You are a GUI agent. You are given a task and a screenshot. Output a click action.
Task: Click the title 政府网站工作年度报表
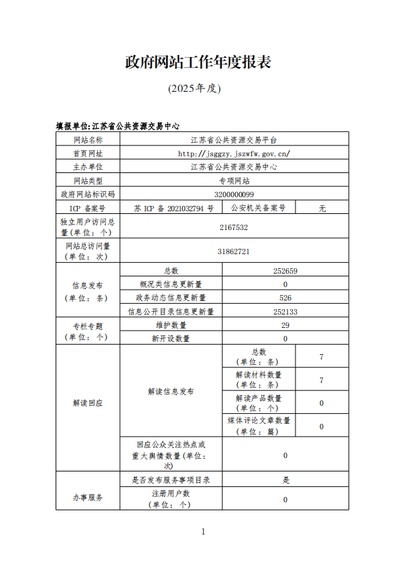click(x=198, y=62)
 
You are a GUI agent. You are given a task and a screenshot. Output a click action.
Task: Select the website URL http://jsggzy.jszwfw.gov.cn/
click(x=234, y=153)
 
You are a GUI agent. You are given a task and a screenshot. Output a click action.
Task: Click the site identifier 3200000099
click(x=234, y=194)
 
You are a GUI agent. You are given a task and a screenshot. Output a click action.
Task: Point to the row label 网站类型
click(x=88, y=180)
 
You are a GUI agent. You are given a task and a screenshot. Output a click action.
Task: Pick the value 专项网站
click(x=234, y=180)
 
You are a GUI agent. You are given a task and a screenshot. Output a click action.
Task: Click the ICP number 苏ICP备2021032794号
click(x=174, y=208)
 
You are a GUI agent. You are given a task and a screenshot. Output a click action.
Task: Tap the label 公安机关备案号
click(x=258, y=208)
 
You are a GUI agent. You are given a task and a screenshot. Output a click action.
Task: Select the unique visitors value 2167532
click(x=234, y=227)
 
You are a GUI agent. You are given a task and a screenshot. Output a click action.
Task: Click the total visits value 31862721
click(x=234, y=251)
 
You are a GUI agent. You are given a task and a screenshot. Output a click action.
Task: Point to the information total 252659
click(x=285, y=271)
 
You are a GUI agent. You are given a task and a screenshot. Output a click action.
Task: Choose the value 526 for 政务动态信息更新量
click(x=285, y=298)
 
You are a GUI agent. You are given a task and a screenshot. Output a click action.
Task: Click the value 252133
click(x=285, y=311)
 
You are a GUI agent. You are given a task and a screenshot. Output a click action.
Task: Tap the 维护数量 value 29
click(x=285, y=325)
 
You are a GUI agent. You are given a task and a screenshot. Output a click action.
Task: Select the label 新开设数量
click(x=171, y=339)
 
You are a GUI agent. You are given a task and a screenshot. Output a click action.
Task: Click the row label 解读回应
click(x=88, y=402)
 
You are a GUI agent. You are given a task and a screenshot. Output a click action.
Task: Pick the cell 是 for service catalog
click(x=285, y=480)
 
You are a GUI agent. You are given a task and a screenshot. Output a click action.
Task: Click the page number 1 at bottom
click(x=203, y=532)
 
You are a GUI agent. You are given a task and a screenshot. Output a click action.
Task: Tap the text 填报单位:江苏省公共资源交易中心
click(x=117, y=125)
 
